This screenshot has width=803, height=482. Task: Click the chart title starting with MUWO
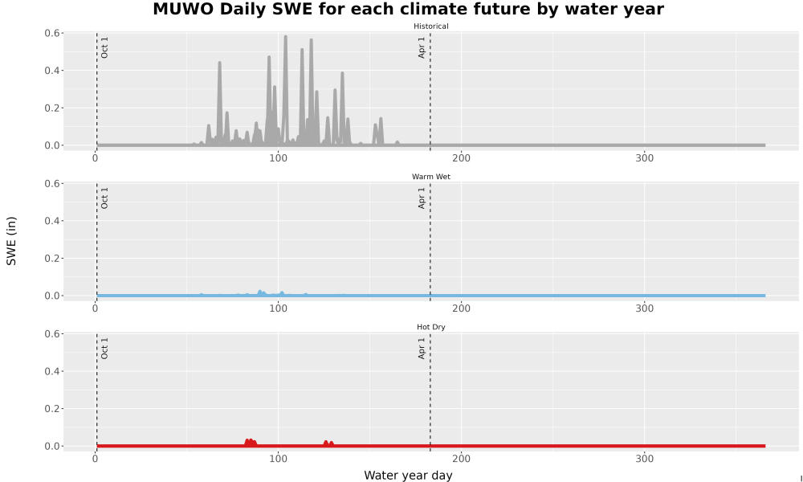pyautogui.click(x=408, y=9)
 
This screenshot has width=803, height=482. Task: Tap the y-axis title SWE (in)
pyautogui.click(x=11, y=241)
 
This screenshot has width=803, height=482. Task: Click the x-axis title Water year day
pyautogui.click(x=408, y=476)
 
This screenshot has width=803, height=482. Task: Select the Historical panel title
pyautogui.click(x=430, y=27)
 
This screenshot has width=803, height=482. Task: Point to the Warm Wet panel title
pyautogui.click(x=430, y=177)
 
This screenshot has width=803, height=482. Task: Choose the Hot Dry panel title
pyautogui.click(x=430, y=327)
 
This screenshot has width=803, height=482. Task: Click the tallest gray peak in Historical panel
pyautogui.click(x=285, y=37)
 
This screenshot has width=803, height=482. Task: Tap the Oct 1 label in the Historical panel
pyautogui.click(x=104, y=47)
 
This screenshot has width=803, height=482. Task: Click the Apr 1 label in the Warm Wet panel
pyautogui.click(x=422, y=198)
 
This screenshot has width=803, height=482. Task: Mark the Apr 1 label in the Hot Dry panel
pyautogui.click(x=422, y=349)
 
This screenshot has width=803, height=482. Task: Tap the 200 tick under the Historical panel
pyautogui.click(x=461, y=158)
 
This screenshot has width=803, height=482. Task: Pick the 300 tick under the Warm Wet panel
pyautogui.click(x=644, y=308)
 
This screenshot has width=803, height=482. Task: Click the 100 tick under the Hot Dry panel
pyautogui.click(x=278, y=459)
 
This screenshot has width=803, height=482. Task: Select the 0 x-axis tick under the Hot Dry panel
pyautogui.click(x=96, y=459)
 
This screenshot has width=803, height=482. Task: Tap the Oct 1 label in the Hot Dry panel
pyautogui.click(x=104, y=349)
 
